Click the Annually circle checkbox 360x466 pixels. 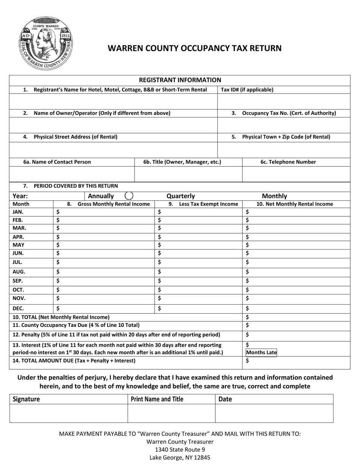point(129,195)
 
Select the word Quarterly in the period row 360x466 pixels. point(181,196)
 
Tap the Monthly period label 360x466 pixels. point(274,196)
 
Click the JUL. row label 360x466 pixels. point(17,262)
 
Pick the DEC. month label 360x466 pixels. point(18,308)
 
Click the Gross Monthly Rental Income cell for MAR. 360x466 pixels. point(104,228)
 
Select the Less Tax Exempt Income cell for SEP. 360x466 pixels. point(199,281)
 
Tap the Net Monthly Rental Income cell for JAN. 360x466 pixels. point(296,212)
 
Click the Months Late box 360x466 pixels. point(261,352)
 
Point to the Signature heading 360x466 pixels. point(26,399)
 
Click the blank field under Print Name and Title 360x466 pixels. point(171,413)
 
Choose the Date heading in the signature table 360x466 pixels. point(225,399)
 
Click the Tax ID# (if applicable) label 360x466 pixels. point(247,90)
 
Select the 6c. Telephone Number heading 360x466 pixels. point(288,162)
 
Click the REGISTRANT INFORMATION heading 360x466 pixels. point(180,80)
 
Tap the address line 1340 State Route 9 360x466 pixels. point(180,450)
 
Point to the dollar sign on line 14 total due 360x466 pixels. point(247,361)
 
